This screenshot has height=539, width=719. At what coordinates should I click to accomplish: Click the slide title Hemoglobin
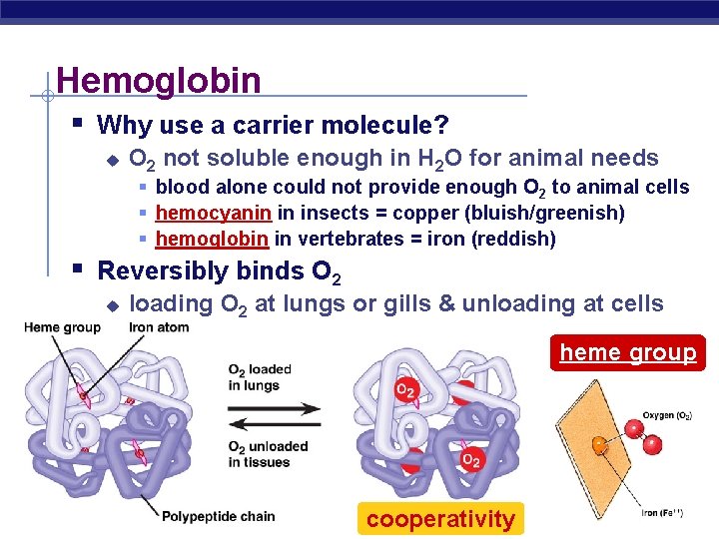tap(159, 80)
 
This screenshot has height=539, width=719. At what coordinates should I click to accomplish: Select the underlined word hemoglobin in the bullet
tap(212, 239)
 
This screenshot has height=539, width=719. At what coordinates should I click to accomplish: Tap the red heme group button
tap(628, 352)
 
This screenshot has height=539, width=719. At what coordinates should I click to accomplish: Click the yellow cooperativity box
tap(440, 519)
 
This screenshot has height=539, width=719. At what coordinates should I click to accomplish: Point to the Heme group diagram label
tap(62, 327)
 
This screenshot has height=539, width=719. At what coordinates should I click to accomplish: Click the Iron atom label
tap(159, 327)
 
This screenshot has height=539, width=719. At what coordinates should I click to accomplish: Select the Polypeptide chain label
tap(219, 516)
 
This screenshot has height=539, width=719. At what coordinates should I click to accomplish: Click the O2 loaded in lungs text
tap(260, 377)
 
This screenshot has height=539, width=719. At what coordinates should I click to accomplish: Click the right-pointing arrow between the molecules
tap(274, 408)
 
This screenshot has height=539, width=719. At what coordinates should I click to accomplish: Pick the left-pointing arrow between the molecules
tap(274, 424)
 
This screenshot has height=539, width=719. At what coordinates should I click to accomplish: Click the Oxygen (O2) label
tap(670, 415)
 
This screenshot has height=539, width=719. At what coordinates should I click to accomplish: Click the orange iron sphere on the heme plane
tap(599, 444)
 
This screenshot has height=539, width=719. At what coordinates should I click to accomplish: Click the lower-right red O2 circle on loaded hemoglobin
tap(470, 460)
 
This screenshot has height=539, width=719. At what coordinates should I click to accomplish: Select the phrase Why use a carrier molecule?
tap(273, 126)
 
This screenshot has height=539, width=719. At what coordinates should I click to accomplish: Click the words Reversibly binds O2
tap(219, 271)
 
